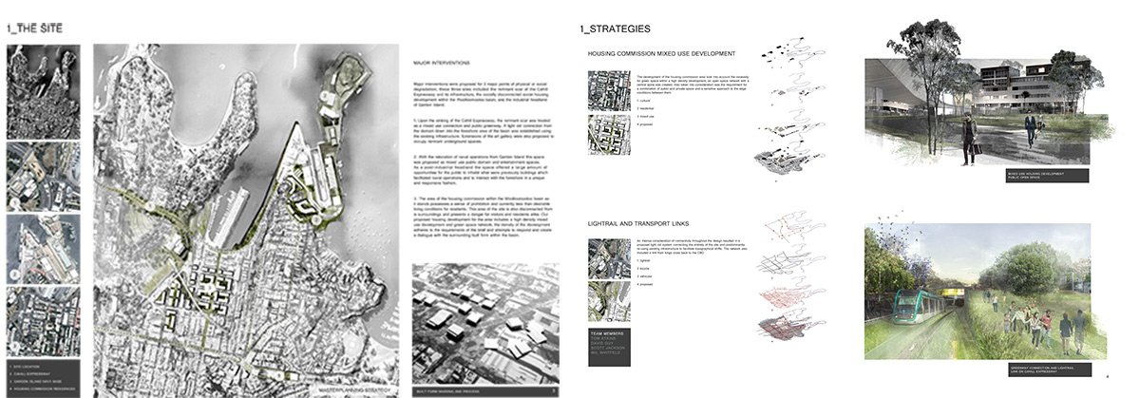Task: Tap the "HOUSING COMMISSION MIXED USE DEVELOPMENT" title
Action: pyautogui.click(x=661, y=54)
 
